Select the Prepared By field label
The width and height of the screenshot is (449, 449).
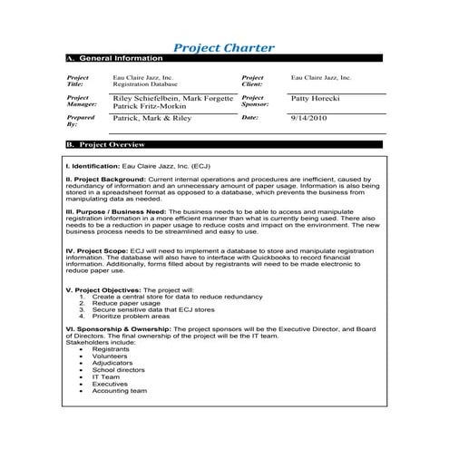click(80, 122)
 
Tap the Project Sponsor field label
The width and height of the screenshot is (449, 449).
click(253, 101)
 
